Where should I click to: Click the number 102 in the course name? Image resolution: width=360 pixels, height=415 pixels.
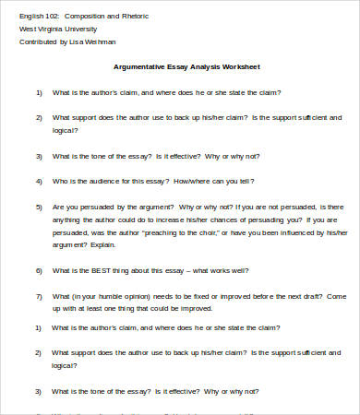[x=53, y=17]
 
